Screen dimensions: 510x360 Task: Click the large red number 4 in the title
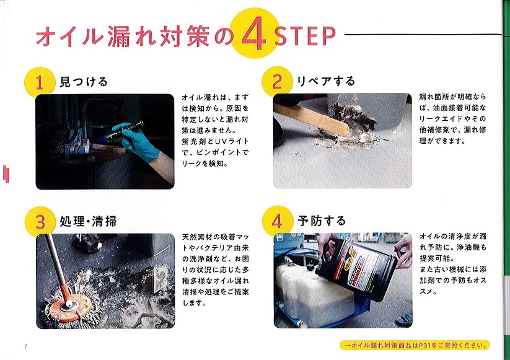tap(254, 33)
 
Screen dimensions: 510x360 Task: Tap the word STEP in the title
tap(305, 36)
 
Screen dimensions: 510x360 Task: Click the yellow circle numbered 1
tap(40, 82)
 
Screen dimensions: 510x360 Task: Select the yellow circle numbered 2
tap(277, 82)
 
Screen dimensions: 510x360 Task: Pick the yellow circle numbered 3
tap(40, 222)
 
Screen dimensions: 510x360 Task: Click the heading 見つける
tap(83, 82)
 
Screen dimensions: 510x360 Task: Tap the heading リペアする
tap(326, 81)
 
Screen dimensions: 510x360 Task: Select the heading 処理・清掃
tap(88, 221)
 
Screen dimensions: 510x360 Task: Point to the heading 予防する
tap(322, 221)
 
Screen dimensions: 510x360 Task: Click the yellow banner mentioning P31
tap(415, 345)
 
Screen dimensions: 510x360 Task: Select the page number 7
tap(25, 346)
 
